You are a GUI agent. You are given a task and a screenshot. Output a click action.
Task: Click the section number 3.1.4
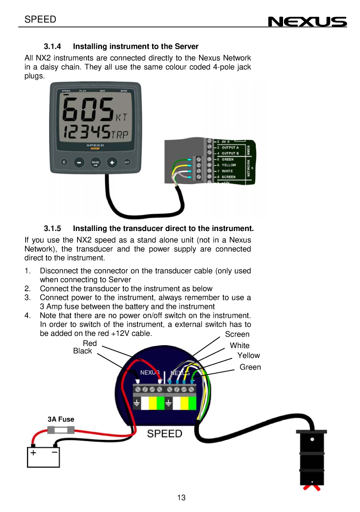52,46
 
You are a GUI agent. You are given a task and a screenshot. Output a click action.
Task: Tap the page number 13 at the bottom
181,498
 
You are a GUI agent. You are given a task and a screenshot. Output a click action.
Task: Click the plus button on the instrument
112,162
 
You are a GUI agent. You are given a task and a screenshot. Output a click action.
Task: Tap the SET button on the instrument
127,162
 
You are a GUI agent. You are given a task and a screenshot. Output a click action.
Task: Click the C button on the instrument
64,162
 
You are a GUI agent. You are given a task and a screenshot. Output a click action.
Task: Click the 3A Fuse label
61,419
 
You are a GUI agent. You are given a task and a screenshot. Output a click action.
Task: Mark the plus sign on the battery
33,452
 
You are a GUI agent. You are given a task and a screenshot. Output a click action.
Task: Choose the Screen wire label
237,334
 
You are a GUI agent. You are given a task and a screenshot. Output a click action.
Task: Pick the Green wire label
250,367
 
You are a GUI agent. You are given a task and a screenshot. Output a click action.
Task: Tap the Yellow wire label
248,355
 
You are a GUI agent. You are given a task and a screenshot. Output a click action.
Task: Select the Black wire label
82,351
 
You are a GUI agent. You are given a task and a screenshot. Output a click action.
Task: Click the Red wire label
89,343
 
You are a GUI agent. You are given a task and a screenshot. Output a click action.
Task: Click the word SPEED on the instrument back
164,434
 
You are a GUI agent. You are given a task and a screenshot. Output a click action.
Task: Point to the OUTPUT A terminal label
230,147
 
